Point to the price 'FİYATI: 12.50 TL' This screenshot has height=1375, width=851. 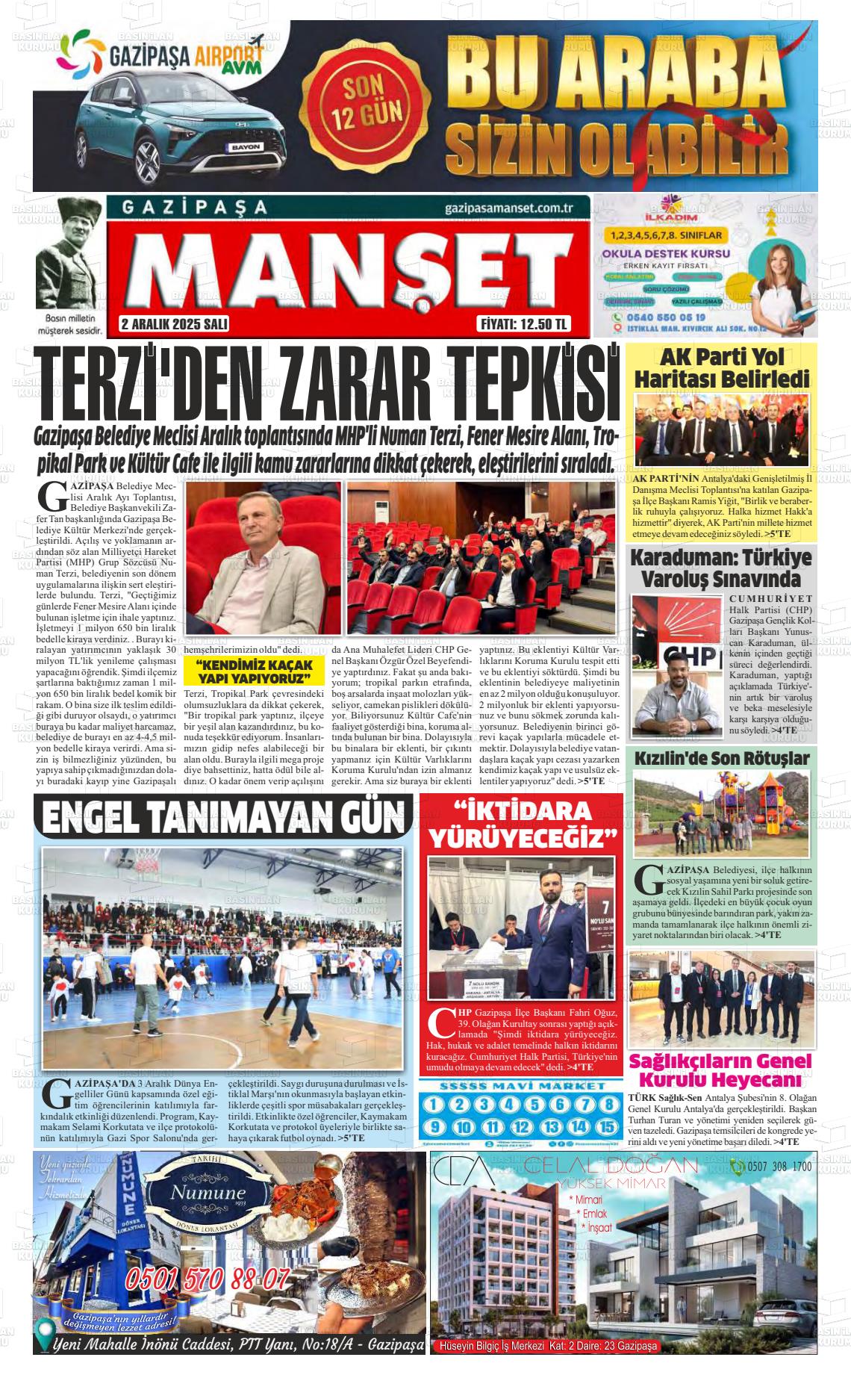point(523,324)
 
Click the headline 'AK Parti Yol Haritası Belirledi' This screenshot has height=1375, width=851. point(722,368)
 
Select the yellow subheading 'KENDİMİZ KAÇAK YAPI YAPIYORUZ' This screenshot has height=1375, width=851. point(253,671)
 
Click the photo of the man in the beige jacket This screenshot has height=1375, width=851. point(263,556)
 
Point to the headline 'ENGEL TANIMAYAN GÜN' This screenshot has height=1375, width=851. point(223,817)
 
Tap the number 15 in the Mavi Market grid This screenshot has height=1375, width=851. point(608,1127)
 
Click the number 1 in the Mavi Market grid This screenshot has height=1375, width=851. point(434,1105)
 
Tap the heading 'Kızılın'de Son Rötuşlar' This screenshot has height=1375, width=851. point(721,759)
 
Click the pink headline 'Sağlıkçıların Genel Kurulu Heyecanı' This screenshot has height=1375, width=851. point(720,1070)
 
